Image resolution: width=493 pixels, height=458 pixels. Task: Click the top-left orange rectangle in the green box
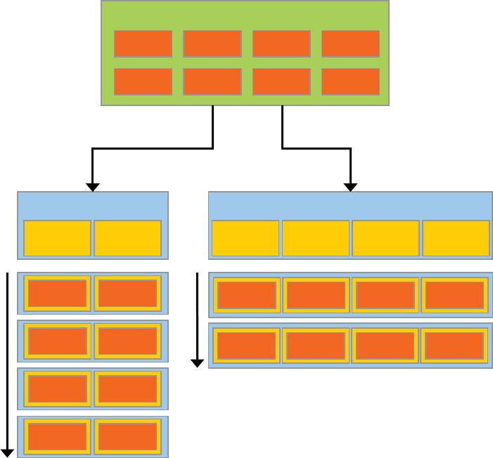pos(143,44)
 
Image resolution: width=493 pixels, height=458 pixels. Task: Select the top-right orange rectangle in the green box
pos(350,44)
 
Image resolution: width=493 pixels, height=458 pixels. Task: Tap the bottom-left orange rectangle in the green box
pos(143,81)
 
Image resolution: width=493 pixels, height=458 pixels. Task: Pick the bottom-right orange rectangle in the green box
pos(350,81)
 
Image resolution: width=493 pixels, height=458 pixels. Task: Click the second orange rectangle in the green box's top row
pos(212,44)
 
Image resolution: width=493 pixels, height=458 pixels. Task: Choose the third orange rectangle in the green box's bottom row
pos(281,81)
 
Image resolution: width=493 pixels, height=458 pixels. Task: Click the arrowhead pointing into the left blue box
pos(92,187)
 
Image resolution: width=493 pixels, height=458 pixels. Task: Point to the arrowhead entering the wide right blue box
pos(350,187)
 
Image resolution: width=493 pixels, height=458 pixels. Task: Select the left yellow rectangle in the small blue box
pos(57,238)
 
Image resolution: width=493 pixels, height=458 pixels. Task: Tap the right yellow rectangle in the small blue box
pos(127,238)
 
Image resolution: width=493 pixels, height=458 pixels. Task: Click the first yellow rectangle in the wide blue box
pos(245,238)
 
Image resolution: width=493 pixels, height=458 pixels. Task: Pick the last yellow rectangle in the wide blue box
pos(455,238)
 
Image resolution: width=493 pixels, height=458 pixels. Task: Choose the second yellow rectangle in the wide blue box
pos(315,238)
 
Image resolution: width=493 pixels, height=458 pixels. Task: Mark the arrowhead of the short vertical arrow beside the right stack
pos(198,362)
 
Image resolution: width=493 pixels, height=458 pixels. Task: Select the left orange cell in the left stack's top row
pos(57,294)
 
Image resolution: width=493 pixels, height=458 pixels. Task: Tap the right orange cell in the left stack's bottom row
pos(127,437)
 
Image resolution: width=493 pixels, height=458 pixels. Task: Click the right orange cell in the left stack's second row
pos(127,341)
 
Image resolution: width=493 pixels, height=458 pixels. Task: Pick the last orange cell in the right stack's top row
pos(454,295)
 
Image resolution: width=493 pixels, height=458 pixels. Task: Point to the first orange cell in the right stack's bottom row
pos(246,346)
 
